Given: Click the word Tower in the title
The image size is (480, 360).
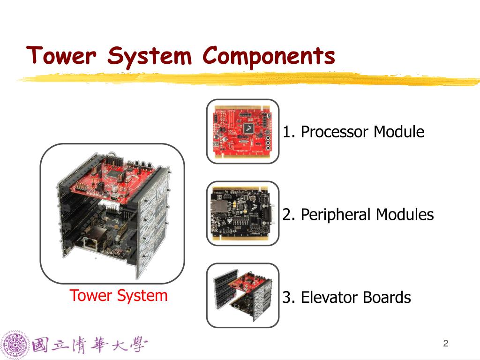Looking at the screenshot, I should [61, 56].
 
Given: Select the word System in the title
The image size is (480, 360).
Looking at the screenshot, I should [150, 57].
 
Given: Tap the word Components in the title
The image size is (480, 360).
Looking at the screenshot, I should [269, 56].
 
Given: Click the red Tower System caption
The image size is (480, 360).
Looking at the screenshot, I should [119, 296].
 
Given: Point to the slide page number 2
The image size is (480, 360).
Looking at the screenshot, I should [446, 344].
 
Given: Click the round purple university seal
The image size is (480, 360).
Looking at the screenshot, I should [15, 346].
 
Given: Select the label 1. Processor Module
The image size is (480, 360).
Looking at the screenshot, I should [353, 132].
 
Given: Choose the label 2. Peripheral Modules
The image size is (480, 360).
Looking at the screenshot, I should [358, 215].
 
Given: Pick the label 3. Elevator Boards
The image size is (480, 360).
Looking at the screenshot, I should [346, 297].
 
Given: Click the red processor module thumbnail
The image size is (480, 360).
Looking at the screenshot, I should [242, 131].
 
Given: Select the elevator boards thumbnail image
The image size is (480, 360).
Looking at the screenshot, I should [242, 295].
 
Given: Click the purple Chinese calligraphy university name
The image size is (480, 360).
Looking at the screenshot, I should [89, 346].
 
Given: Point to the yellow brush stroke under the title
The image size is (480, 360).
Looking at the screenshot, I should [248, 78].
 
